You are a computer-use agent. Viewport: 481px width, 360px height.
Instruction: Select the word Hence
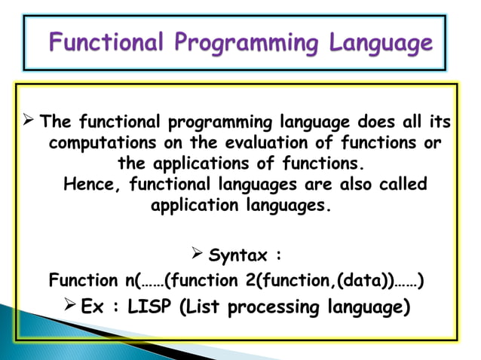pos(88,184)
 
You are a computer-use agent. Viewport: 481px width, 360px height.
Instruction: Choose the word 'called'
pos(400,184)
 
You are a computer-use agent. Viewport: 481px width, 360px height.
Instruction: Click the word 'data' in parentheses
pos(363,282)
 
